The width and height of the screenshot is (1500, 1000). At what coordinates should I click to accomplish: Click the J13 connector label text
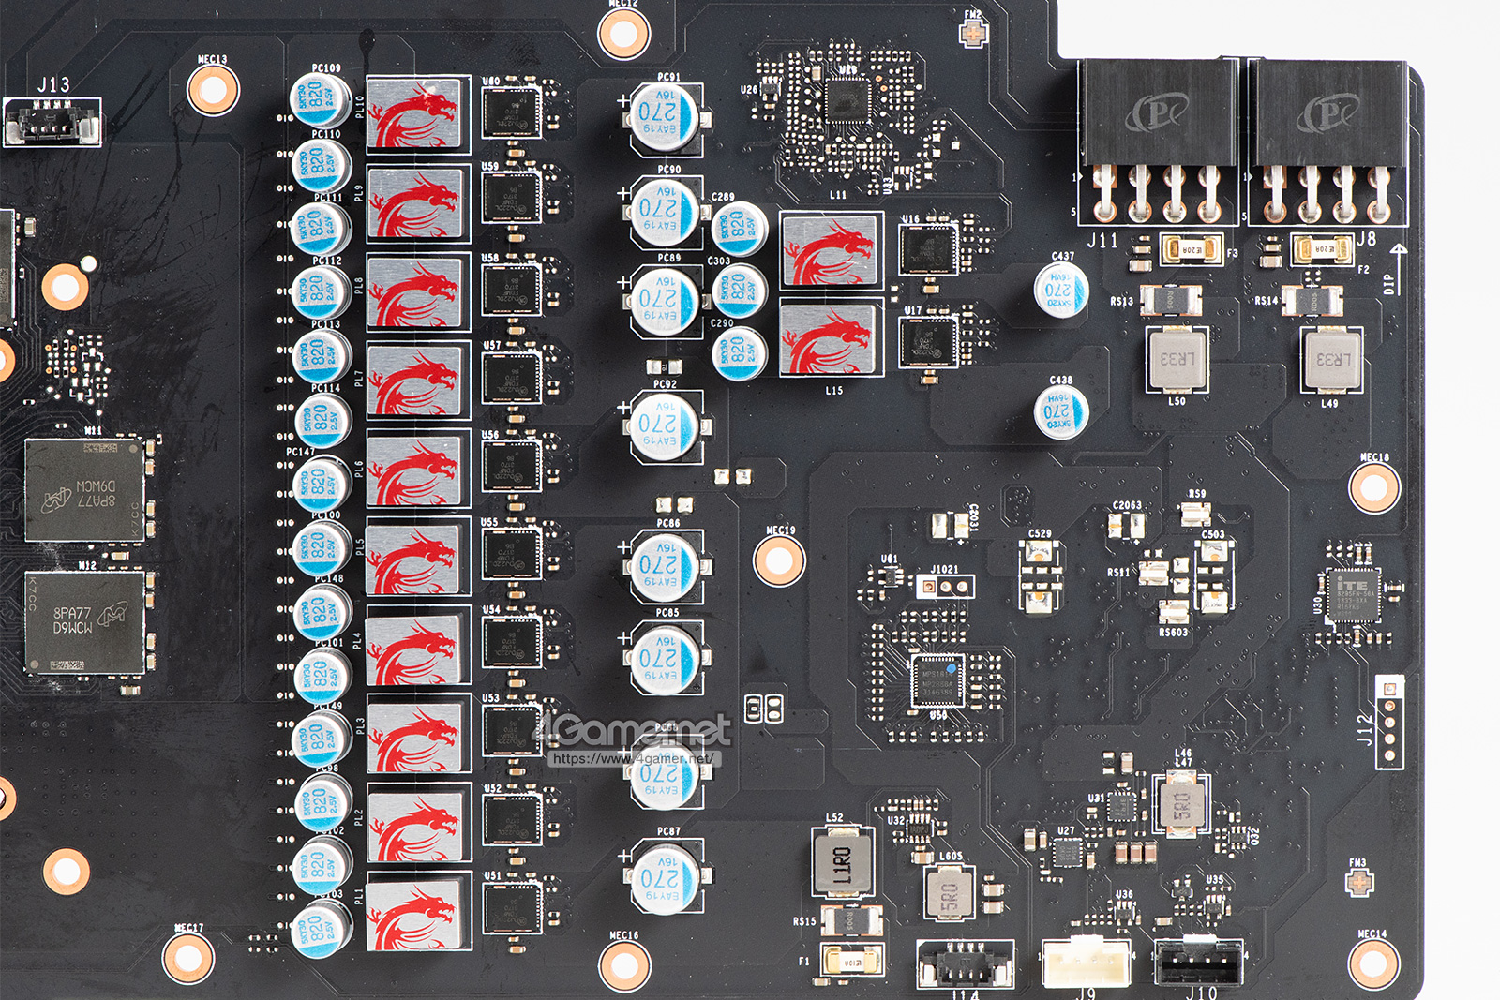pos(53,85)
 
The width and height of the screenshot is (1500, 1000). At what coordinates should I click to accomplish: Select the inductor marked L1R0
pos(841,863)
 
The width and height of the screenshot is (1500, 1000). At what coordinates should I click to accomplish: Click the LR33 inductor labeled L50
pos(1177,360)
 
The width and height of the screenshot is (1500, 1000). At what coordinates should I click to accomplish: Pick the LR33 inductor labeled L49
pos(1332,360)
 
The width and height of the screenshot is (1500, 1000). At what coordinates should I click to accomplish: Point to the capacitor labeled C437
pos(1060,291)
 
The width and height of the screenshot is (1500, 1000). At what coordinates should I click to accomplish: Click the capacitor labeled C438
pos(1060,412)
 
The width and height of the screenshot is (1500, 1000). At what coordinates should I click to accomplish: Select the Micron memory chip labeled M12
pos(84,622)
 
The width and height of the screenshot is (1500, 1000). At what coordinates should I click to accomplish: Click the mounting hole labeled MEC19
pos(779,560)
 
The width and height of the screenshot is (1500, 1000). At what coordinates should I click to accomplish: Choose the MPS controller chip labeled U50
pos(937,679)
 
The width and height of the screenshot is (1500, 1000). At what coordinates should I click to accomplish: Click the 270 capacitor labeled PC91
pos(664,117)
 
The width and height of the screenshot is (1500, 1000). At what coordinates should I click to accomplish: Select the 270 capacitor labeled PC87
pos(664,877)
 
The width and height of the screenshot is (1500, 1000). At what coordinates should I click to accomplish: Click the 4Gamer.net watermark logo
pos(632,731)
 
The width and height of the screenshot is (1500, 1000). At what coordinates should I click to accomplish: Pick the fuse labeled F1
pos(851,960)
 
